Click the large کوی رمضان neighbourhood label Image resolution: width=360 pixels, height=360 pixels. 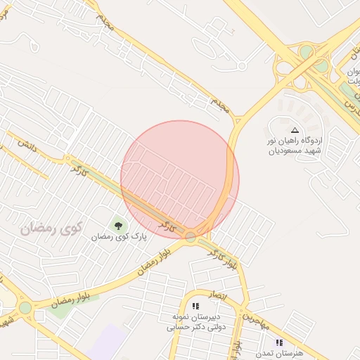(x=52, y=227)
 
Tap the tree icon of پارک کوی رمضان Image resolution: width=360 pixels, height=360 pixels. (x=118, y=225)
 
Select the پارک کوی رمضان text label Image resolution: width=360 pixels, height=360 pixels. (x=122, y=238)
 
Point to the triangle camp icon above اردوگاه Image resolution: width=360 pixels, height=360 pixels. (x=295, y=130)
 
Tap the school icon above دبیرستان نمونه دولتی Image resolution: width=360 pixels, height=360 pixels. (x=196, y=306)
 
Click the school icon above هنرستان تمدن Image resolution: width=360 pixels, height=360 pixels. (x=279, y=342)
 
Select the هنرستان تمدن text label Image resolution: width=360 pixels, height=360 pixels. (x=281, y=353)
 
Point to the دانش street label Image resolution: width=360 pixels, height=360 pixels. (x=27, y=146)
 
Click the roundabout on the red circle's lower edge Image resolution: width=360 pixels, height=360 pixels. (x=191, y=237)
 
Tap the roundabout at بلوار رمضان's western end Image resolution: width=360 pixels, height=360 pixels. (x=25, y=307)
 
